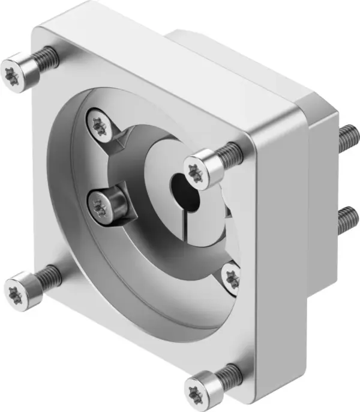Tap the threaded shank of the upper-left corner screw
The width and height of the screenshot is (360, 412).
pyautogui.click(x=45, y=58)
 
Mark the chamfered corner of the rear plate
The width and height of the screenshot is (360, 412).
pyautogui.click(x=321, y=108)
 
